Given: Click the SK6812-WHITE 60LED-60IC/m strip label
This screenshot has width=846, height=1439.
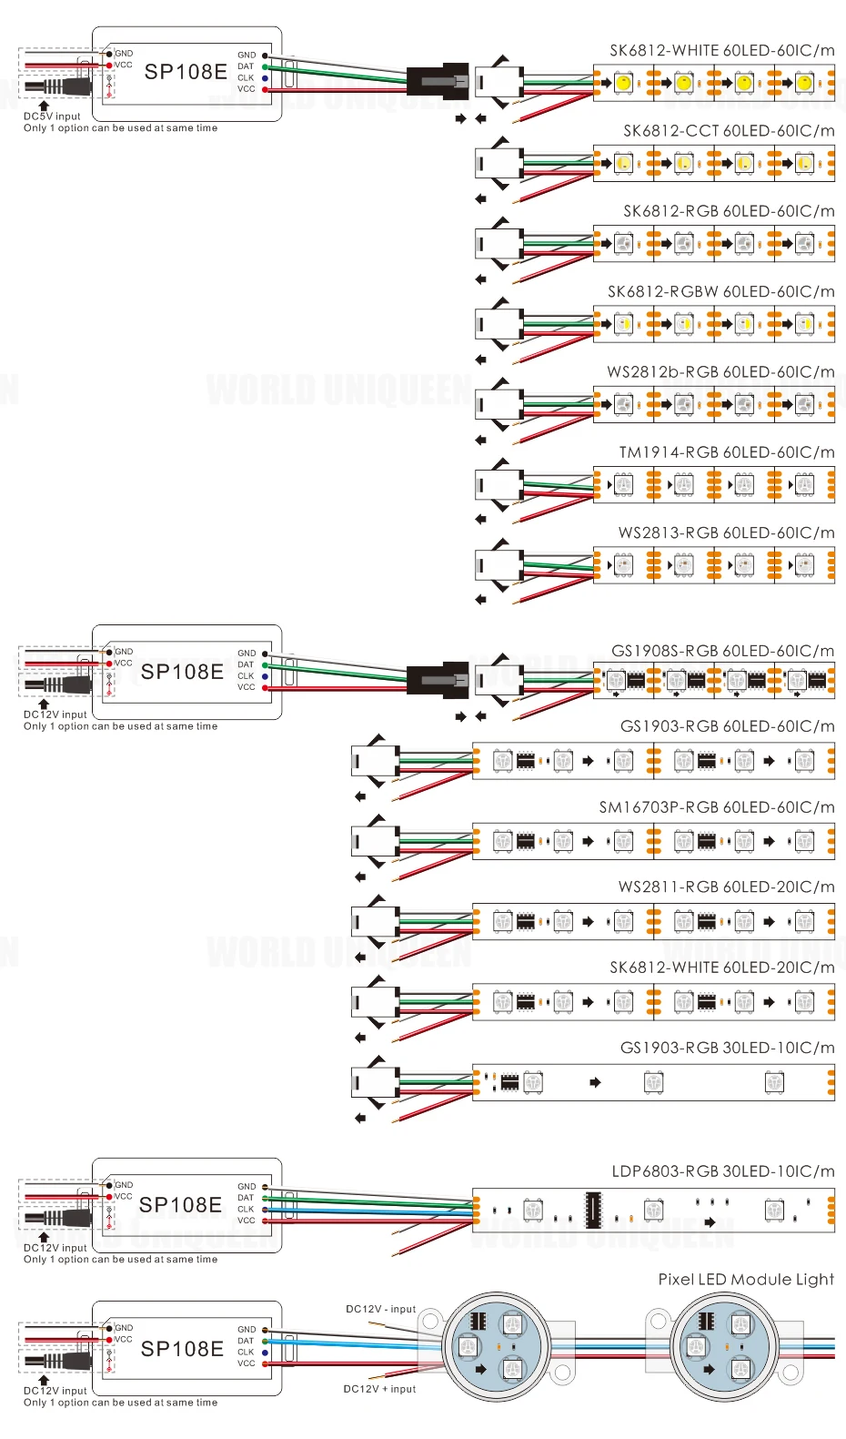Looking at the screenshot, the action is point(722,51).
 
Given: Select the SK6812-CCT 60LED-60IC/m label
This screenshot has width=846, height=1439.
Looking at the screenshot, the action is point(730,131).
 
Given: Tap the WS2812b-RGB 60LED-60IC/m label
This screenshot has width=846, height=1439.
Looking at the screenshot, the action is point(720,372).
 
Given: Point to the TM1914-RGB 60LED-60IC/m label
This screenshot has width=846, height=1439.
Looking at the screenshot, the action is point(727,452).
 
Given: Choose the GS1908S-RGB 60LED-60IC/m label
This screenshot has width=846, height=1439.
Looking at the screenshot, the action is point(723,651).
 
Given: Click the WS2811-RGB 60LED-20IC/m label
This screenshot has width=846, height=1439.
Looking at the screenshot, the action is point(727,887).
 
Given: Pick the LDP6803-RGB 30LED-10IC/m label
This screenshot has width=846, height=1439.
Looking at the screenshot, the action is point(723,1171).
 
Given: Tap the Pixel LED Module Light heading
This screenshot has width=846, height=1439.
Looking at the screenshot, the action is point(747,1279).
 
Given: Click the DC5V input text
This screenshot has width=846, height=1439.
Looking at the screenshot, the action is point(52,117).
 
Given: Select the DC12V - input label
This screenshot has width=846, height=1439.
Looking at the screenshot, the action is point(380,1309).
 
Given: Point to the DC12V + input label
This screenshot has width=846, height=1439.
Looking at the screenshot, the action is point(379,1388).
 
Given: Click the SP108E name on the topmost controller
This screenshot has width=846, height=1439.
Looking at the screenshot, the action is point(186,72).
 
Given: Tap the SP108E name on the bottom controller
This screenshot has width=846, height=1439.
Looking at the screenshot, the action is point(182,1349).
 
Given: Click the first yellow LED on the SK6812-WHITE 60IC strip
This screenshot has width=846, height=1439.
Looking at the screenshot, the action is point(623,83).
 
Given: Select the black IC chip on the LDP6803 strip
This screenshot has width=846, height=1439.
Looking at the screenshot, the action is point(593,1210).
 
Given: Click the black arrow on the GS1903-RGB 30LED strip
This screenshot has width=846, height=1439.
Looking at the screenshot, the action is point(595,1082).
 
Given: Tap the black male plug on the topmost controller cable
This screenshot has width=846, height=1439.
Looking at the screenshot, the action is point(438,83).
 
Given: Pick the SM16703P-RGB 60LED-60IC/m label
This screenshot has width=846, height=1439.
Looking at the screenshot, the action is point(717,806).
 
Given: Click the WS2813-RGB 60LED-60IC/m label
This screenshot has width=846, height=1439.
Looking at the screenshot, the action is point(727,532).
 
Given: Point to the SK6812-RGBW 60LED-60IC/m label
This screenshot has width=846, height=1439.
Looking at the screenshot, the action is point(721,291).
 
